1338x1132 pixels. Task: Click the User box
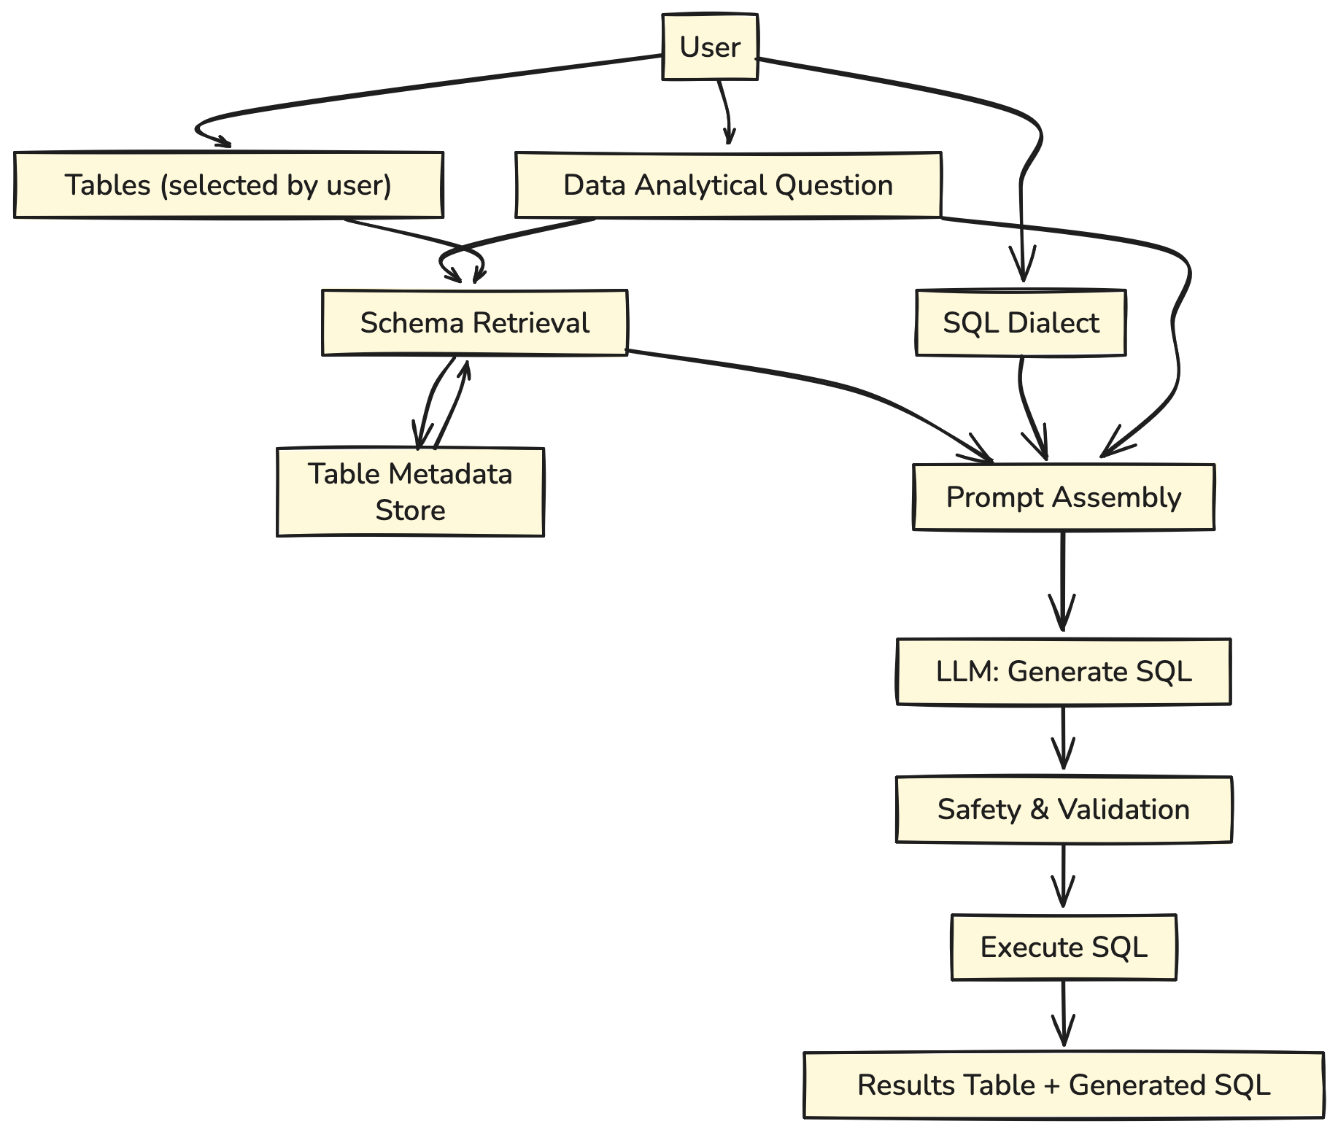710,47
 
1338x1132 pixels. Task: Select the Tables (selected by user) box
228,185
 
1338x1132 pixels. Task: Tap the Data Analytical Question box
728,185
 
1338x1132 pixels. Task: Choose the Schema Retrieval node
475,323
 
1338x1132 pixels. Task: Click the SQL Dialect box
1021,323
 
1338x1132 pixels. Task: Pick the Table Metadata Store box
410,492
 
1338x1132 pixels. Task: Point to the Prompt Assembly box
1064,497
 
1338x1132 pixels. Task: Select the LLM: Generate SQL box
1064,672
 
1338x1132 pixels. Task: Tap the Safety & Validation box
1064,810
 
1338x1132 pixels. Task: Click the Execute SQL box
1064,947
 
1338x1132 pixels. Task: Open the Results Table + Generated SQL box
1064,1085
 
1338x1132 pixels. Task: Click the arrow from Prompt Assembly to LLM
1063,584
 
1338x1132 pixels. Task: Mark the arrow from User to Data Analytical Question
726,109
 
